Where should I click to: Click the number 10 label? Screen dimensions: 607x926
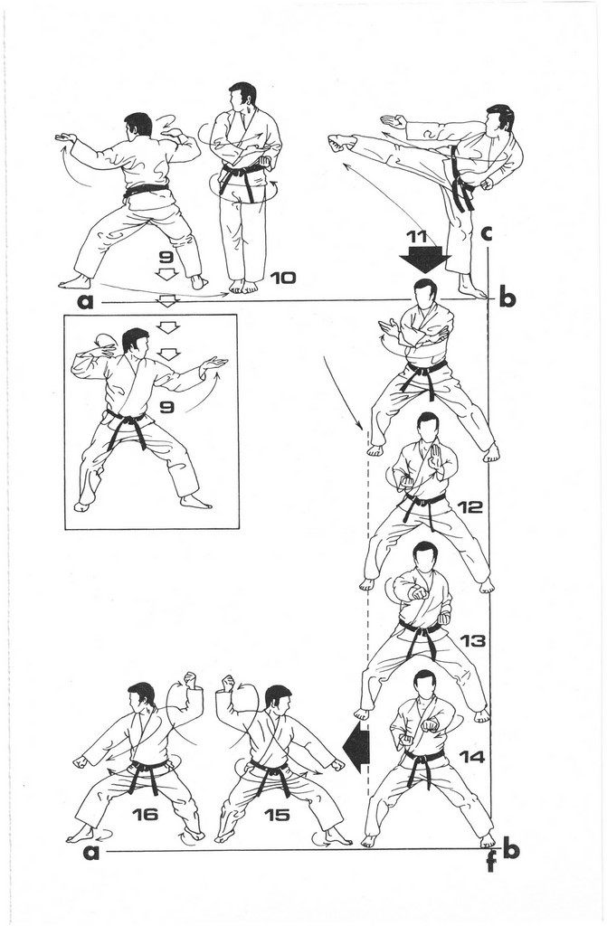[282, 277]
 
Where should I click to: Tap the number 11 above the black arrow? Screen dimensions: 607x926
[417, 238]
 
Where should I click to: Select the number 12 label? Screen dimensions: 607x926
[469, 506]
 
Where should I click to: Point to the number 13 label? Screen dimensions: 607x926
[472, 640]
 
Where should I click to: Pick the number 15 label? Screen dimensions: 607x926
[277, 815]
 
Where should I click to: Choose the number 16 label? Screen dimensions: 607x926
[145, 815]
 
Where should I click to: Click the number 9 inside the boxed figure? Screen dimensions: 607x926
[166, 407]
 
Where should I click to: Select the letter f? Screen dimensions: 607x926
[490, 864]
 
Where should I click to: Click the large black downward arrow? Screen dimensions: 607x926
[425, 258]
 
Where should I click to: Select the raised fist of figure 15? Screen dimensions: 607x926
[228, 684]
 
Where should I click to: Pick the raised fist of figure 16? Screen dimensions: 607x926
[190, 680]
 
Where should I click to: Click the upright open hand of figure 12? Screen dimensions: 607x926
[436, 457]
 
